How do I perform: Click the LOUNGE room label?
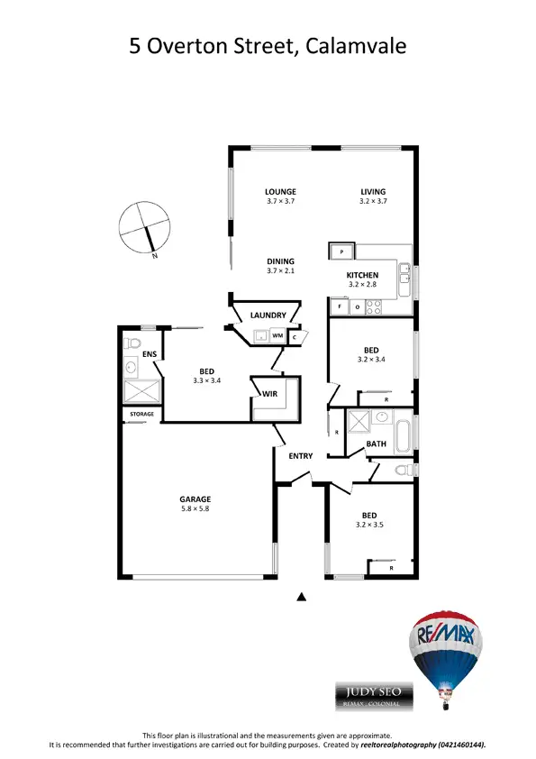tap(280, 191)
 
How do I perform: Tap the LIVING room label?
tap(373, 191)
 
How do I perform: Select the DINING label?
tap(280, 261)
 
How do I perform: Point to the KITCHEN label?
tap(363, 275)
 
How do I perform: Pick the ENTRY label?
tap(301, 456)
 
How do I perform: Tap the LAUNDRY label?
tap(269, 315)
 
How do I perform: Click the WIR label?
tap(269, 394)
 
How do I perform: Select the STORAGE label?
tap(142, 415)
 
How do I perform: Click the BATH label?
tap(377, 444)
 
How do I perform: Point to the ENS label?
tap(150, 355)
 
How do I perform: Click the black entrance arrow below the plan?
tap(303, 596)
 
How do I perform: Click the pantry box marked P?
tap(342, 250)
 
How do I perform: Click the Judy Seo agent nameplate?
tap(374, 695)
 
